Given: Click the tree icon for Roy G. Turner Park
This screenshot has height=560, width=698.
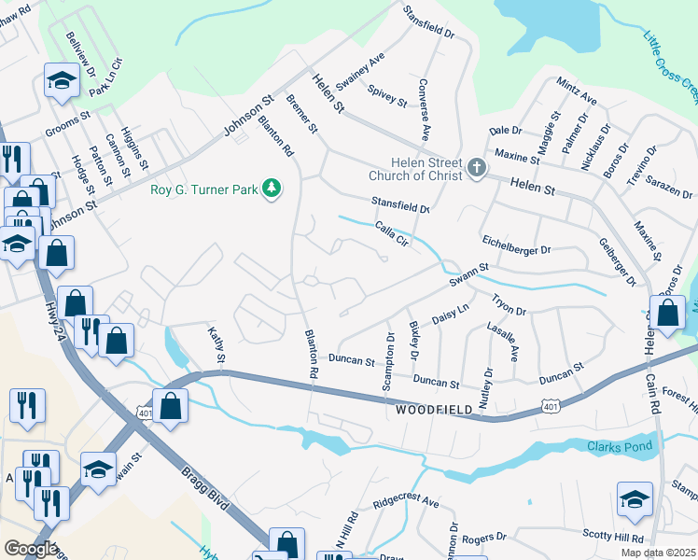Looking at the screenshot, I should [272, 189].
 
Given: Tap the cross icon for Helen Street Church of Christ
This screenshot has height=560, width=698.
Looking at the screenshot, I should [477, 168].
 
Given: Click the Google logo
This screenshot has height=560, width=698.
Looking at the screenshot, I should [31, 549].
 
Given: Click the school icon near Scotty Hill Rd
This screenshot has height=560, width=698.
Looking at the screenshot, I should [635, 499].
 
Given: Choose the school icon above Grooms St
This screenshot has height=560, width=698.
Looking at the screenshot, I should [62, 81].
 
